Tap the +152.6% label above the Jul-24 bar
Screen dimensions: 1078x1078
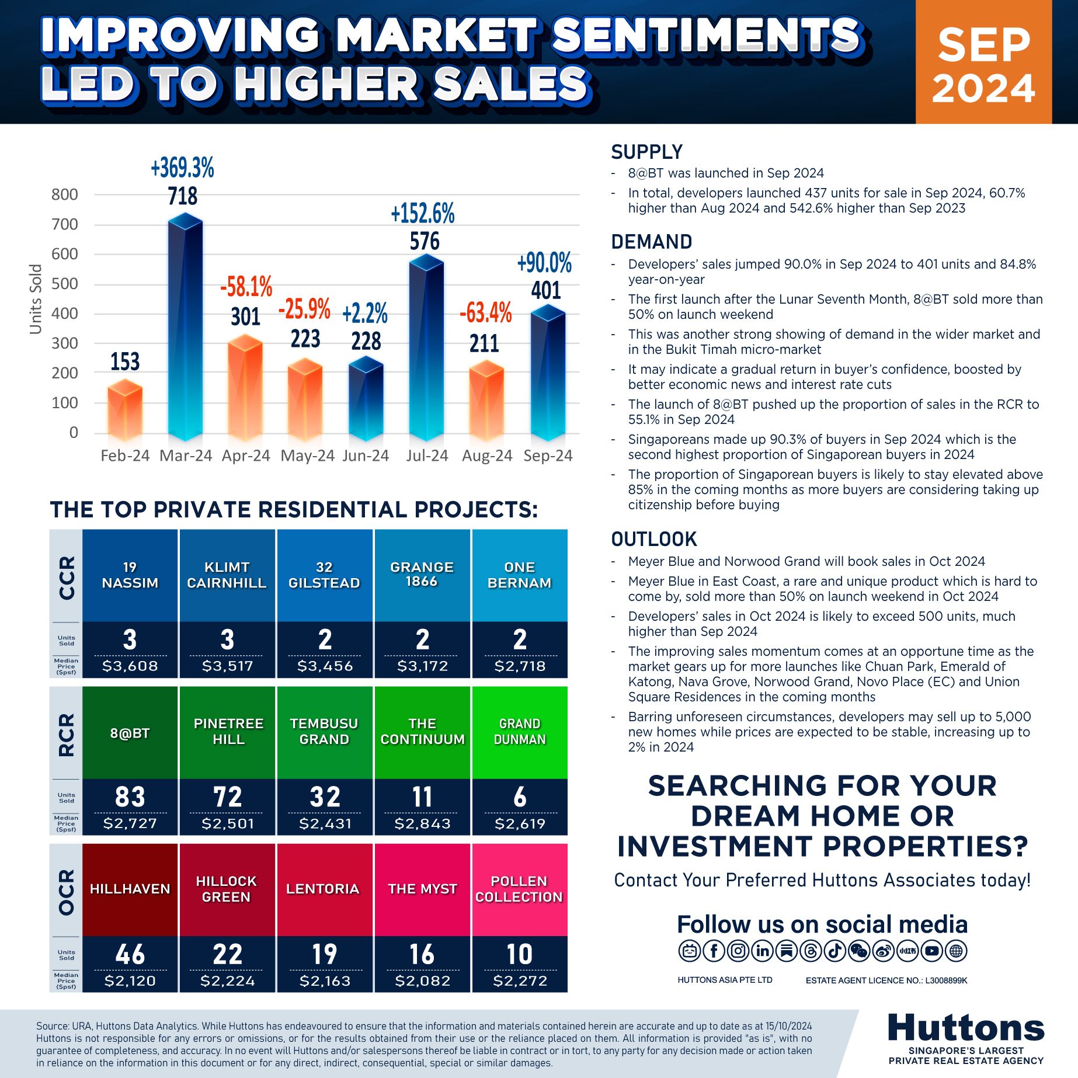(x=423, y=214)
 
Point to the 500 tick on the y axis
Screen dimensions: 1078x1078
(x=65, y=284)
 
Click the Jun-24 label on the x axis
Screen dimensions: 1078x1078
(x=366, y=455)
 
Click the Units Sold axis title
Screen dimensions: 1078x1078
(x=36, y=299)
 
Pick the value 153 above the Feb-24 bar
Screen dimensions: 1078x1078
(x=125, y=361)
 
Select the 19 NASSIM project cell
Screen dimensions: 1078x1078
(x=130, y=575)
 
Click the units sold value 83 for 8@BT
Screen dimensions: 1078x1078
(x=130, y=797)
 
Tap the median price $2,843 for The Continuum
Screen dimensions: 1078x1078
(x=423, y=823)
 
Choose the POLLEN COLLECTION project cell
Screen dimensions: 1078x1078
(x=520, y=889)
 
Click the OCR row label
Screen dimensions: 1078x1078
(x=67, y=891)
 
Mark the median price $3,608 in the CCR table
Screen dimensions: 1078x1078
(x=130, y=666)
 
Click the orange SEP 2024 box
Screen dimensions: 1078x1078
(x=984, y=62)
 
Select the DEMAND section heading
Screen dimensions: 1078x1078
(x=652, y=242)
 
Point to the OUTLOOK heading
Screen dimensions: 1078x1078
(x=654, y=539)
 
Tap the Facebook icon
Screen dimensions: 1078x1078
(x=714, y=951)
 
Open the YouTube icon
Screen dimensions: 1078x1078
(x=932, y=951)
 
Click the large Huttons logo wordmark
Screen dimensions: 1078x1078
(x=966, y=1028)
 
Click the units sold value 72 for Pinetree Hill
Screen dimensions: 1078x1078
(x=228, y=797)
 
